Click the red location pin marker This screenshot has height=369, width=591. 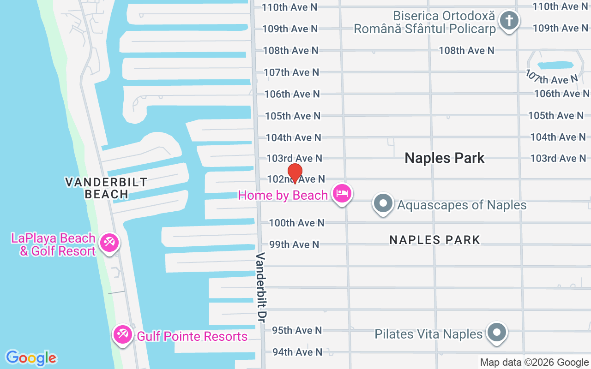point(295,173)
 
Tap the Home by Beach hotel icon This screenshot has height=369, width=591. point(342,194)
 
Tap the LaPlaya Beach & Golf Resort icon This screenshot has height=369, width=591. point(109,243)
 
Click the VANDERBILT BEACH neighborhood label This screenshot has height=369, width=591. point(106,188)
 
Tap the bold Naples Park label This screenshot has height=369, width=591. point(445,158)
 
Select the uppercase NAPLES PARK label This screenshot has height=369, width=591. point(435,240)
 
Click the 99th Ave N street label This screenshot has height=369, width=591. point(294,244)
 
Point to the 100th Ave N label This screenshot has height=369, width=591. point(297,223)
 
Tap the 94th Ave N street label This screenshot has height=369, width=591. point(297,352)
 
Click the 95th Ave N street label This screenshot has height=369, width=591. point(297,330)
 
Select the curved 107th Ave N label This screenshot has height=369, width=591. point(552,77)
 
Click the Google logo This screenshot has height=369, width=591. point(31,358)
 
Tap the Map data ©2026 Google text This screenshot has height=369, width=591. point(534,363)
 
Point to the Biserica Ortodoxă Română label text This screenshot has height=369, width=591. point(425,22)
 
